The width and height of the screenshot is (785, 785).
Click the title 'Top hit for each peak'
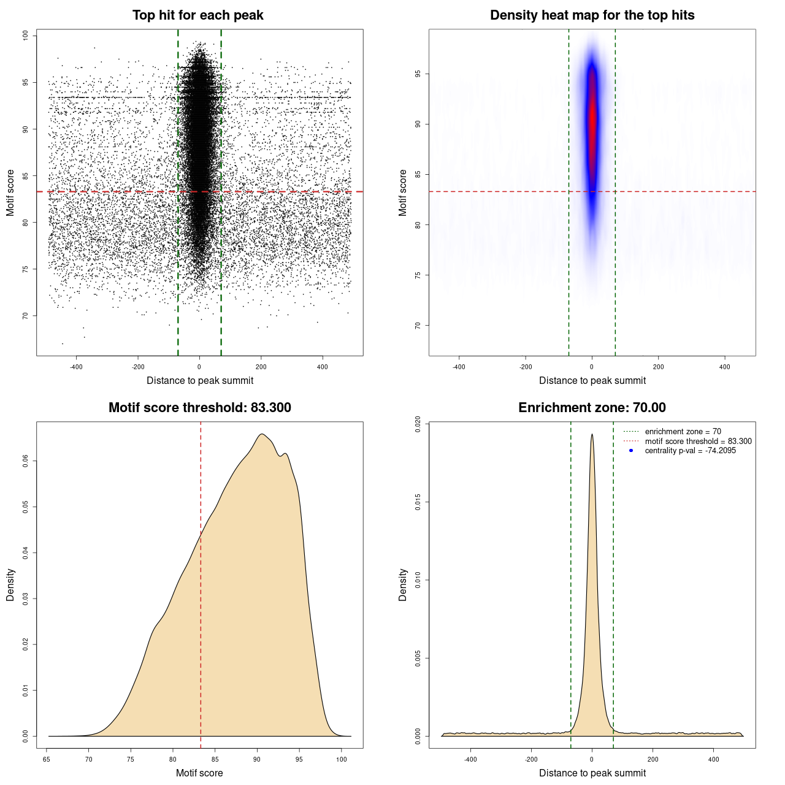tap(197, 15)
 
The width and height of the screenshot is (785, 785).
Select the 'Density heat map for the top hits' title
tap(592, 15)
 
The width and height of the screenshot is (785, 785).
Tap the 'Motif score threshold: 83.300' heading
tap(199, 408)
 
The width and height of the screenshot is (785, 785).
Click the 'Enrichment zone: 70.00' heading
tap(592, 408)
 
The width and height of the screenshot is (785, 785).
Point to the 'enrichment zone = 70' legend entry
tap(683, 432)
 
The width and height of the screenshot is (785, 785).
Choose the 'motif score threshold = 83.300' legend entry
tap(698, 441)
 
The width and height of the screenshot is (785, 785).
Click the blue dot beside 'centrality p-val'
tap(631, 451)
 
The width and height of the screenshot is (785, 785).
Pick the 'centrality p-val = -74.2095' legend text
tap(690, 451)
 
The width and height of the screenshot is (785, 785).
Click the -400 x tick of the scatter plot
tap(77, 367)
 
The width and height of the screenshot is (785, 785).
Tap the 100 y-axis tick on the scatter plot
tap(26, 36)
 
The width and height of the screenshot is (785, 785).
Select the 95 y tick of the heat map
tap(418, 74)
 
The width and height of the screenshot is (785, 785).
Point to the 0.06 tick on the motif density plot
tap(26, 461)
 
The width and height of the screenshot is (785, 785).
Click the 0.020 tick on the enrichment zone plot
tap(418, 424)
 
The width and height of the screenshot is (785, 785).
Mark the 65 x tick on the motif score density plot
tap(47, 759)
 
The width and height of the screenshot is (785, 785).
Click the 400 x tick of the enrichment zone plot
tap(713, 759)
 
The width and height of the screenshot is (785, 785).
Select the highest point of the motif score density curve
tap(262, 434)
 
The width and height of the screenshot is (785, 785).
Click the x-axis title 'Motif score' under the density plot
tap(199, 773)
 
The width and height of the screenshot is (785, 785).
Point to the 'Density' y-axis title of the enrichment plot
tap(403, 584)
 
